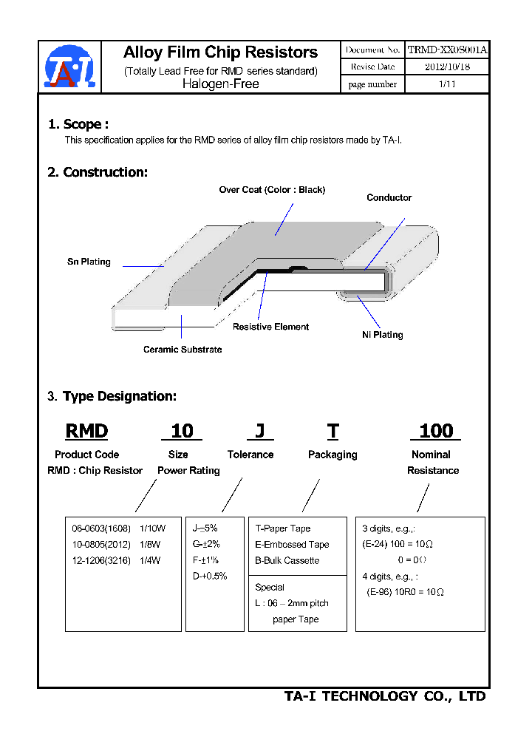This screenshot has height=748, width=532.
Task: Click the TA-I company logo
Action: (69, 67)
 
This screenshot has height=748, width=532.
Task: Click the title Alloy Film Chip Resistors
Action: (220, 52)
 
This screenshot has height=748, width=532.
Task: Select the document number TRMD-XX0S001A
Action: (447, 50)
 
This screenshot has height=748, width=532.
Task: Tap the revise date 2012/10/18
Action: (447, 67)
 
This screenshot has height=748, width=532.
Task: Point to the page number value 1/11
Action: (447, 84)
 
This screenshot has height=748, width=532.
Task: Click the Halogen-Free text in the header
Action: (220, 84)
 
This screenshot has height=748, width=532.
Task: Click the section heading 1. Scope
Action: (78, 124)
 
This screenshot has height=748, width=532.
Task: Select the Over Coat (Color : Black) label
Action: (272, 190)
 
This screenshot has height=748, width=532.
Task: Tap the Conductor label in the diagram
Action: (389, 197)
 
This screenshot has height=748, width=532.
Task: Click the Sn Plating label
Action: (89, 262)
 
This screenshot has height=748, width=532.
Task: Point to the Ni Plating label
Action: (382, 335)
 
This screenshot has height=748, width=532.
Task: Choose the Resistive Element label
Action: (270, 327)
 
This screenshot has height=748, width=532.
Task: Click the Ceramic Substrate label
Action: (183, 349)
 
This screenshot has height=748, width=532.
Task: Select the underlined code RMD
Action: (87, 431)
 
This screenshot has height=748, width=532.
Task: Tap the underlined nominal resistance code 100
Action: (436, 431)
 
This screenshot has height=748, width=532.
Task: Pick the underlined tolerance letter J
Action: (259, 431)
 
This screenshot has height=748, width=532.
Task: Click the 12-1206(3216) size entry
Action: (100, 560)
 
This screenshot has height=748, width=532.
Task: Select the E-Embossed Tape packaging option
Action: (292, 545)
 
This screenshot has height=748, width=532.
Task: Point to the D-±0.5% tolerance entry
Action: (210, 576)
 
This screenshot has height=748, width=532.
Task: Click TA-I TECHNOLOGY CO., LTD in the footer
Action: (385, 696)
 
